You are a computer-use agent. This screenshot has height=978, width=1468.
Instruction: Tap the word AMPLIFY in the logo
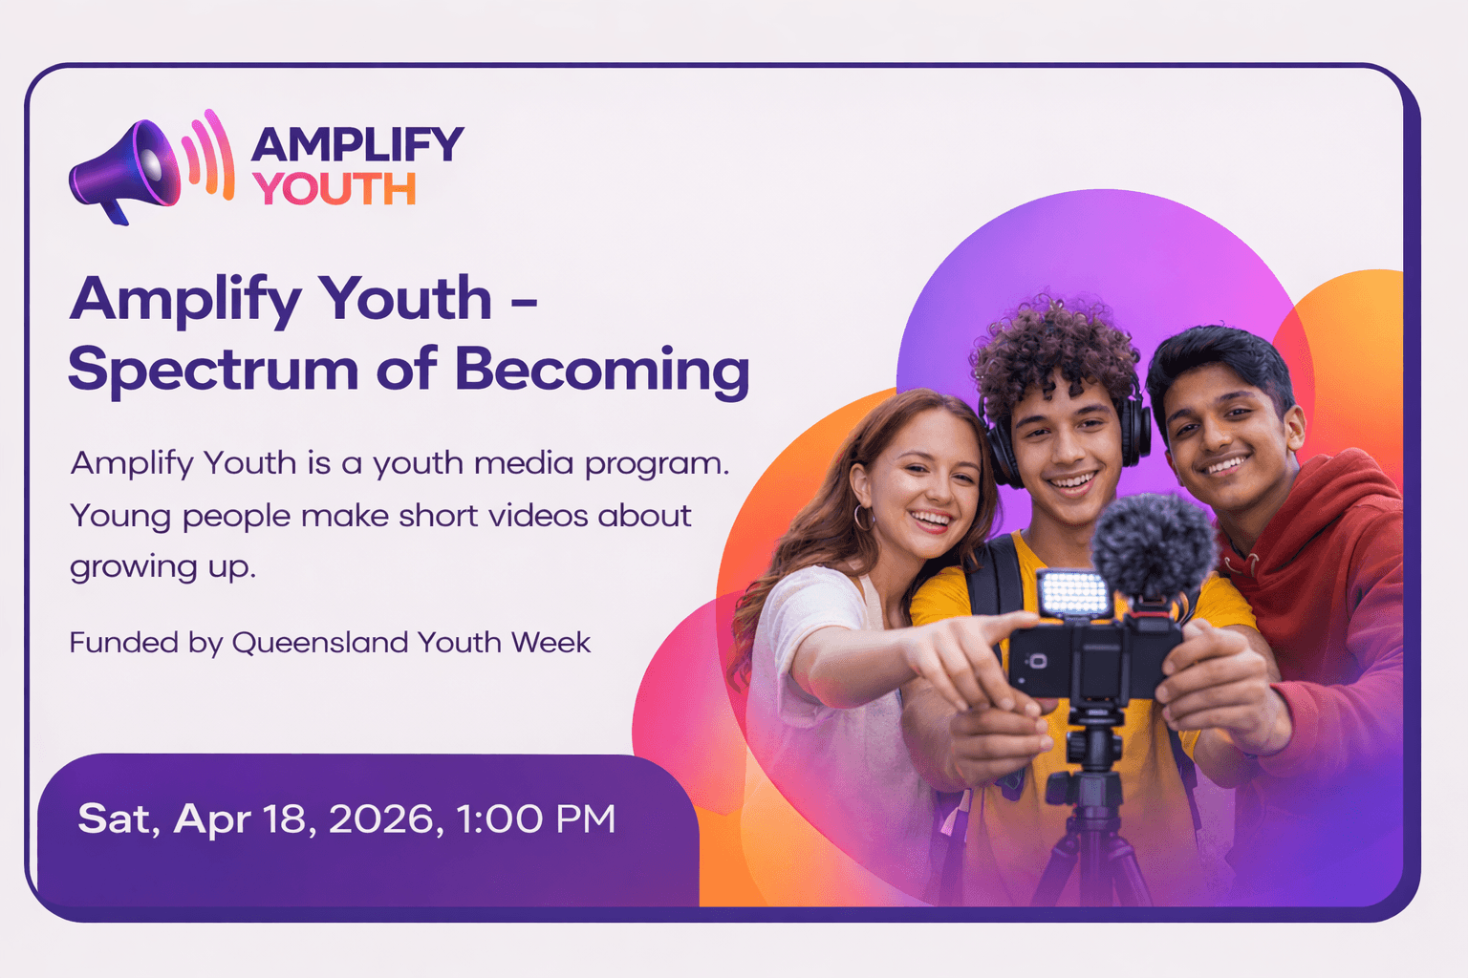coord(356,145)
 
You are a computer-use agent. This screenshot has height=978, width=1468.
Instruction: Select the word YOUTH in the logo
coord(335,189)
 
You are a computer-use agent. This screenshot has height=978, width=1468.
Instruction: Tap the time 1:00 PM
coord(535,819)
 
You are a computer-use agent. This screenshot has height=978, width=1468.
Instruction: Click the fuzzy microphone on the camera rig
coord(1152,544)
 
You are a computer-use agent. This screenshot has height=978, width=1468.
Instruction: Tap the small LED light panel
coord(1073,594)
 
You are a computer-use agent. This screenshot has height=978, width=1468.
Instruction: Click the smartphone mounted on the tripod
coord(1042,660)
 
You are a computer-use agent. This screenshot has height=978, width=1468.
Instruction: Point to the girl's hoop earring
coord(863,519)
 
